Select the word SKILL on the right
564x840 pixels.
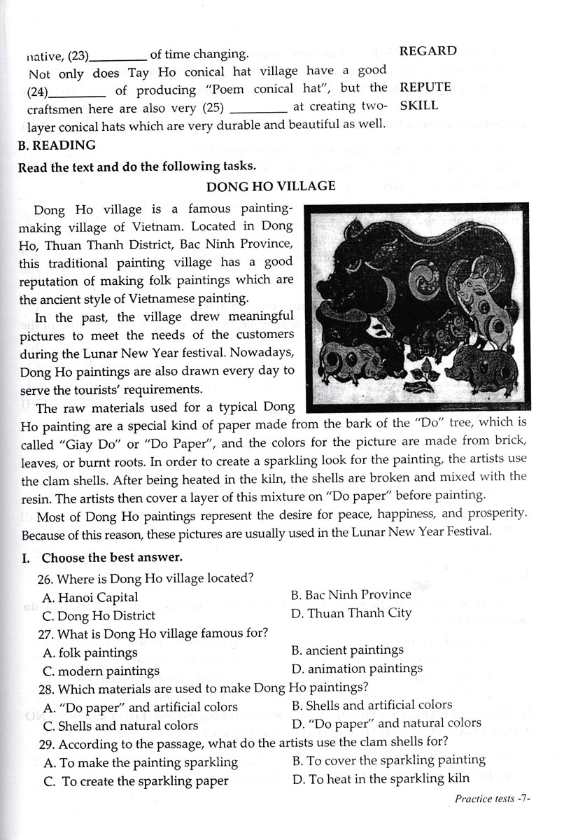click(418, 105)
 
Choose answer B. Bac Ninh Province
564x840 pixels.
click(351, 594)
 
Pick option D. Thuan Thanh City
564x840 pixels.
click(351, 612)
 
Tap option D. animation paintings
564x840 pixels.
click(356, 668)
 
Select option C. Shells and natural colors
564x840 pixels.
click(120, 726)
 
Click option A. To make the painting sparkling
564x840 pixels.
click(140, 762)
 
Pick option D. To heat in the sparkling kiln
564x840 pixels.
click(390, 778)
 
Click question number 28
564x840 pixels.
click(48, 687)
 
